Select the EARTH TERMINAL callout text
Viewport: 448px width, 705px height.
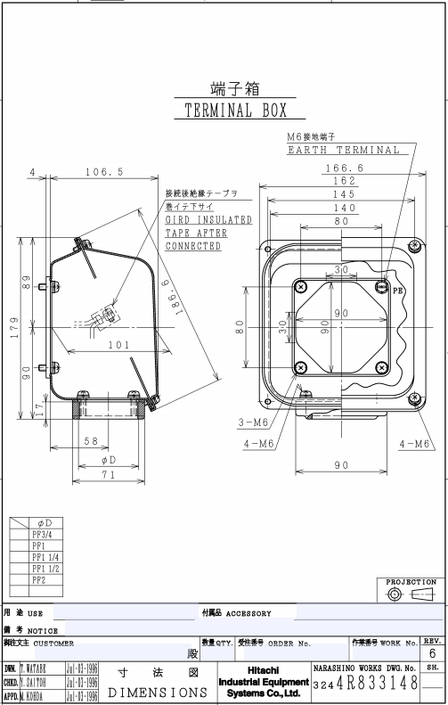(x=343, y=150)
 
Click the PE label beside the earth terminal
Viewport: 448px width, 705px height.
(x=397, y=291)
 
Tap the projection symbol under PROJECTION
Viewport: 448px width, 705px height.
(x=411, y=594)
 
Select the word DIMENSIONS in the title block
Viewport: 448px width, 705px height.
(x=147, y=691)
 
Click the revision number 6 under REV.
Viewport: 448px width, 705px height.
(x=432, y=654)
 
